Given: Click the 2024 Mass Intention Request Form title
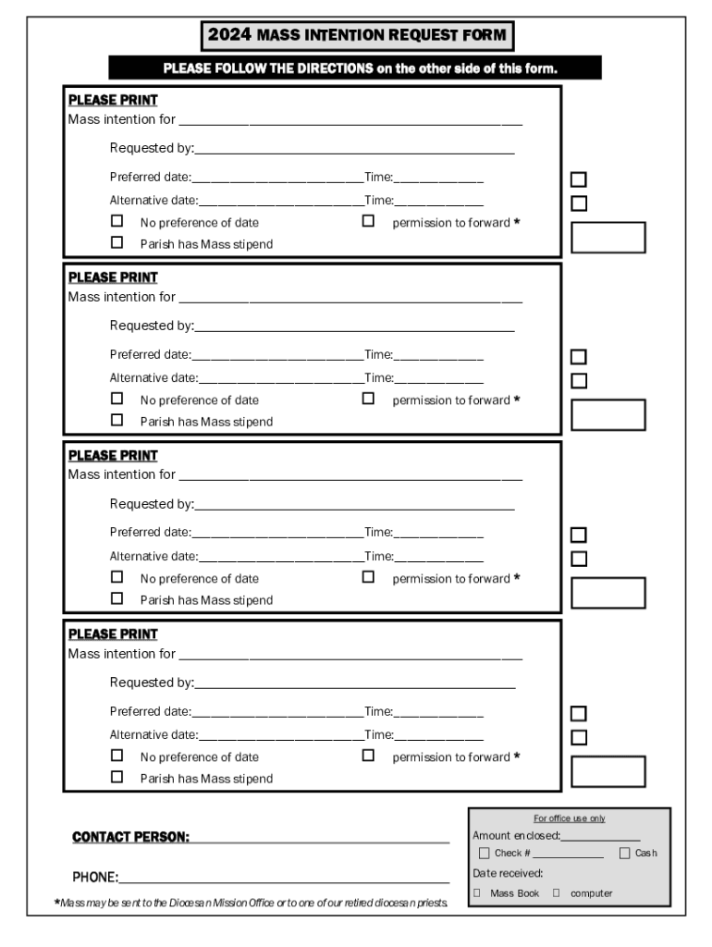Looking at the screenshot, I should [357, 36].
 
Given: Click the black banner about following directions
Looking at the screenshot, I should [355, 68].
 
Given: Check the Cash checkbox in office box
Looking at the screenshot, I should [624, 853].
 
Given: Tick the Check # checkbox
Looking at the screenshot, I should [484, 853].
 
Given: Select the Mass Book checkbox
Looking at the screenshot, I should [477, 893].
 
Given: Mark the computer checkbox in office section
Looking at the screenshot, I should [557, 893].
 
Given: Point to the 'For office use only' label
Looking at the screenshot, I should [569, 818].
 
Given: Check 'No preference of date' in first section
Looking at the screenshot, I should [117, 222].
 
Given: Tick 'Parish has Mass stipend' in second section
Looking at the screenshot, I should [117, 421].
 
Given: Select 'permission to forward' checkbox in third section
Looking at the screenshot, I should [369, 577].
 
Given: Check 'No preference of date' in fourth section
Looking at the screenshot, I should [117, 756].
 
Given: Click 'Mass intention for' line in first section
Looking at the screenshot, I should [350, 122].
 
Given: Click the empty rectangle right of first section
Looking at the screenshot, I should [608, 238].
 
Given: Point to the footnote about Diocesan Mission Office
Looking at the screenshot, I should [252, 903].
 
